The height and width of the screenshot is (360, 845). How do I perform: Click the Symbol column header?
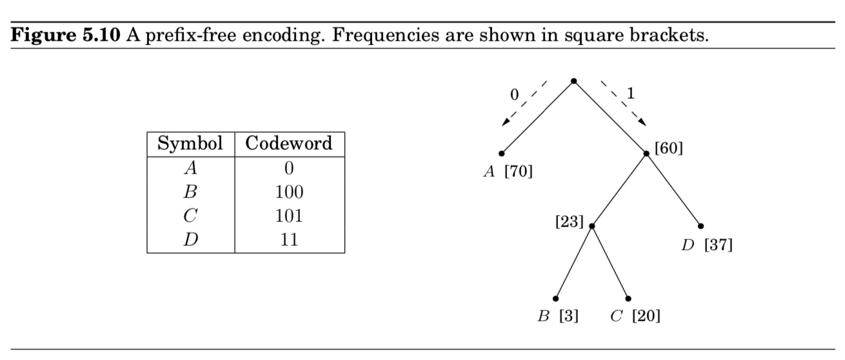pos(190,143)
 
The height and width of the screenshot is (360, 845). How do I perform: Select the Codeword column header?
pos(289,143)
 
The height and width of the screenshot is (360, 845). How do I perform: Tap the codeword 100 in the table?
pos(289,192)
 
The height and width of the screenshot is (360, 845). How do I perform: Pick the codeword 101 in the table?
pos(289,216)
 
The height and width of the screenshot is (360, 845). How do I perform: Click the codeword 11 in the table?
pos(289,240)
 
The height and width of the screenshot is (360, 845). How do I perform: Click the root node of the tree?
pos(573,81)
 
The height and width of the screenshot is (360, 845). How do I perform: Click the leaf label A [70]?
pos(508,172)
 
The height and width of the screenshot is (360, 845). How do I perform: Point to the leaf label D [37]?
pos(708,246)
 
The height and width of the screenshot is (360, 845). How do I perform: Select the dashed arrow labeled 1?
pos(623,102)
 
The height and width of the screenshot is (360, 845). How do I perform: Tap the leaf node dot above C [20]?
pos(628,298)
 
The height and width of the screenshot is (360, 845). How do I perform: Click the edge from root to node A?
pos(537,117)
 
